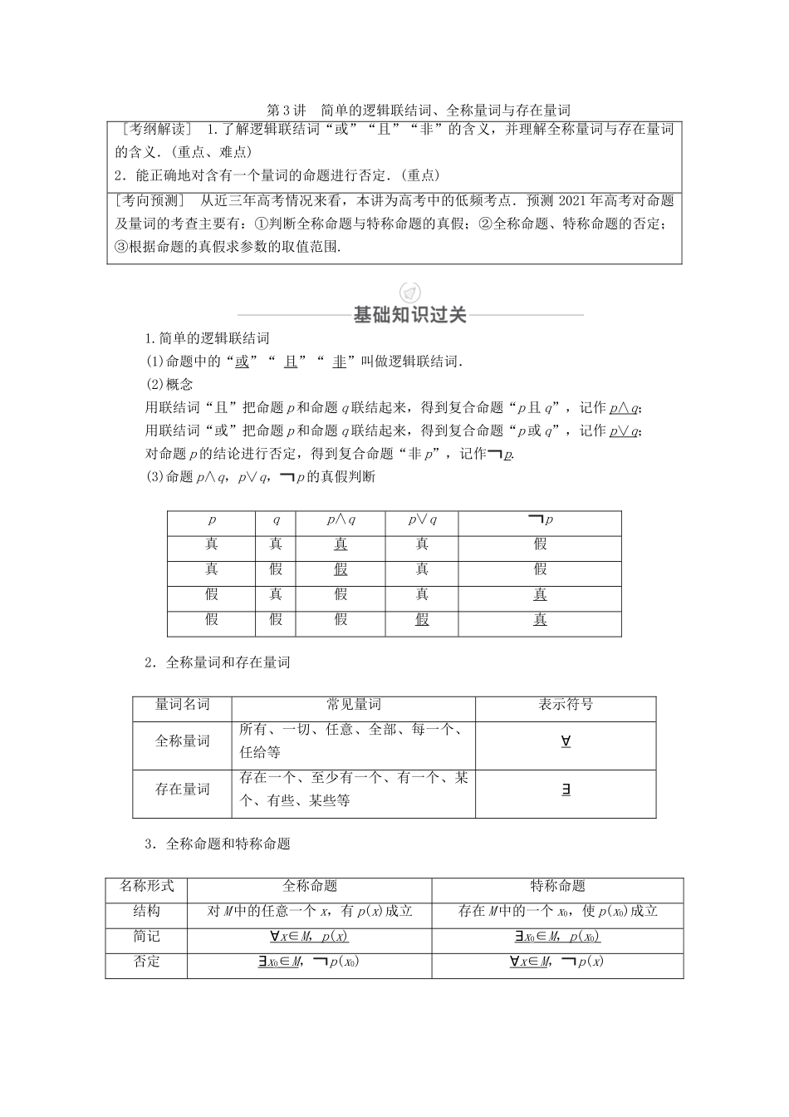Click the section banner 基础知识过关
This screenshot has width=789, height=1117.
(410, 315)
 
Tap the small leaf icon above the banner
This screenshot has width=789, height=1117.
(410, 292)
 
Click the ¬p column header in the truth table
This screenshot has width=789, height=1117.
(540, 519)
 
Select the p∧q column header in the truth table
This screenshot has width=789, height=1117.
(341, 519)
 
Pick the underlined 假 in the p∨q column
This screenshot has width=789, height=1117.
(422, 619)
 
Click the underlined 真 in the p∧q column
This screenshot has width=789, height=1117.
(341, 544)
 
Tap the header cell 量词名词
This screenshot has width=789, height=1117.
(183, 705)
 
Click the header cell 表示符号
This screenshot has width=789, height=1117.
(566, 705)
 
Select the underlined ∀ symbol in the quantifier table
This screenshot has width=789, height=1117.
(566, 741)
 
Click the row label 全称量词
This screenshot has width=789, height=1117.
(183, 741)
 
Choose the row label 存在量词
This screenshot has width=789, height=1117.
(183, 790)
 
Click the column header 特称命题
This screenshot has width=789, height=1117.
(557, 886)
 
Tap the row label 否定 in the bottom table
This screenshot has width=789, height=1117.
(146, 962)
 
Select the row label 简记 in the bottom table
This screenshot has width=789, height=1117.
(146, 937)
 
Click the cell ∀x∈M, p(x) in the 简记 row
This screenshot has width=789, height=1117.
(309, 937)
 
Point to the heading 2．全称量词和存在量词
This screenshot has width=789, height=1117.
(218, 663)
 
